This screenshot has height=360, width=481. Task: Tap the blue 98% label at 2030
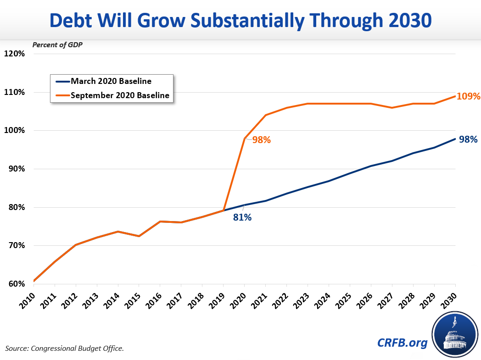[469, 139]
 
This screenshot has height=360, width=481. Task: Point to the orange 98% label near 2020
[262, 140]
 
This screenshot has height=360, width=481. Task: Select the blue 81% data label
[242, 217]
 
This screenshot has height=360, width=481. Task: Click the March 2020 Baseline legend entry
[111, 81]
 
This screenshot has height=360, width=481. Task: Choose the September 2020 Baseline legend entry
[120, 95]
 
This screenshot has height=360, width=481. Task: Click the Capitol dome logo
[453, 334]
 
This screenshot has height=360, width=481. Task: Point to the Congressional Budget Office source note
[65, 349]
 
